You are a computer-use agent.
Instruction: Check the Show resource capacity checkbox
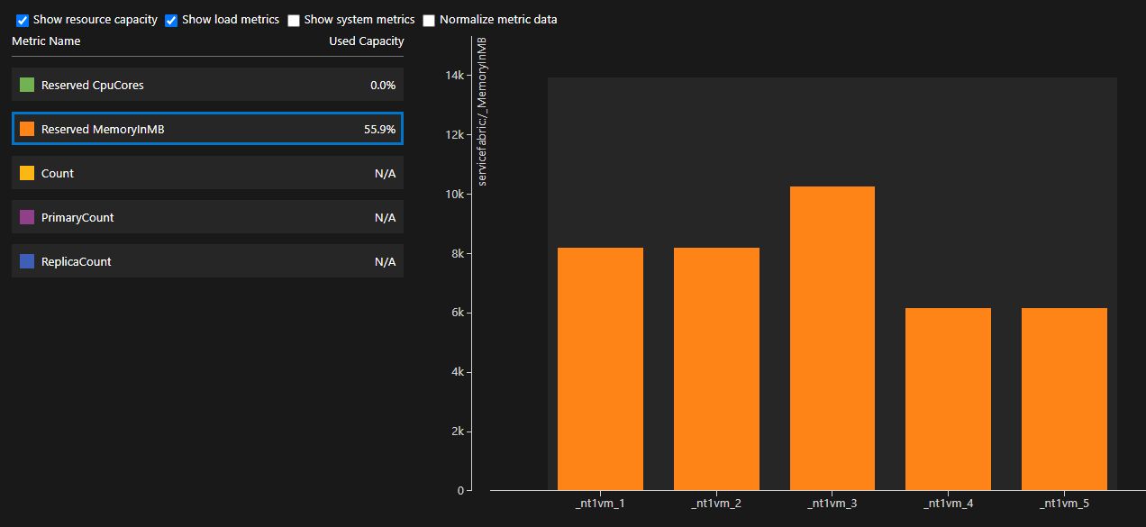(x=23, y=20)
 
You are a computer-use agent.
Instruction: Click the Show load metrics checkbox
(x=171, y=20)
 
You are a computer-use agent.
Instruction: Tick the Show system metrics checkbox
(x=294, y=20)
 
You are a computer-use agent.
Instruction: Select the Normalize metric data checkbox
(x=429, y=20)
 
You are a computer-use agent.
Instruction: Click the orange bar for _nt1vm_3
(x=832, y=338)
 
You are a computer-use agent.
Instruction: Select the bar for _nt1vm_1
(x=600, y=368)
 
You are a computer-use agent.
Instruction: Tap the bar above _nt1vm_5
(x=1064, y=399)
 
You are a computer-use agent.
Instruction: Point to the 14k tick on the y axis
(x=454, y=76)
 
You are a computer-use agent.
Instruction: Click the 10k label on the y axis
(x=454, y=195)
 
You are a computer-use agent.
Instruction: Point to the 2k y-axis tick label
(x=457, y=432)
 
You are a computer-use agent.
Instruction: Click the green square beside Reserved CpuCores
(x=27, y=85)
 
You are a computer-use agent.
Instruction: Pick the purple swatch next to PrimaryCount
(x=27, y=217)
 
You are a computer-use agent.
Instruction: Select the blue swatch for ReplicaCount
(x=27, y=261)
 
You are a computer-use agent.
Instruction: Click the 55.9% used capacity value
(x=379, y=130)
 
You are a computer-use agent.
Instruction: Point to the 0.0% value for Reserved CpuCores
(x=383, y=86)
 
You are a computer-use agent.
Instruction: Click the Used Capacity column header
(x=366, y=41)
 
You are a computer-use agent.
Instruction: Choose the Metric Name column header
(x=46, y=41)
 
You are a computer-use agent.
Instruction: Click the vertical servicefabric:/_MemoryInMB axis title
(x=482, y=113)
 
